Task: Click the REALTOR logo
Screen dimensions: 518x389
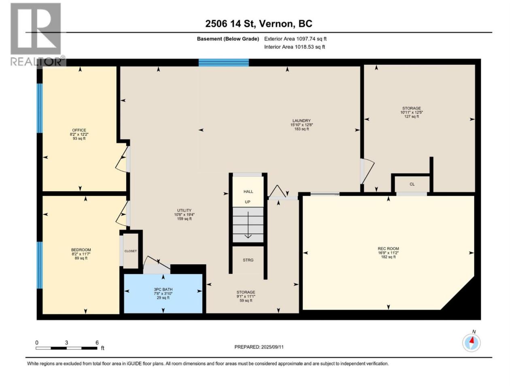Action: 37,34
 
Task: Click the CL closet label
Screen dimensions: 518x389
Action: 412,184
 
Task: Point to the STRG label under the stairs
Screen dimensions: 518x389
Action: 248,260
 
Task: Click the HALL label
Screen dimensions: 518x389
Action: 248,192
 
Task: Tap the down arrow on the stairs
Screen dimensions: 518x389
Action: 248,225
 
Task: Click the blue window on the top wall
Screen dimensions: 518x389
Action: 223,62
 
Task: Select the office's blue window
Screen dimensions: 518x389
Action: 40,108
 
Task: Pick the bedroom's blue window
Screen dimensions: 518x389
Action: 40,265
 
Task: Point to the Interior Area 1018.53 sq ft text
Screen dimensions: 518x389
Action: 295,47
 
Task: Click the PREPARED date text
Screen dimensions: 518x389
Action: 259,347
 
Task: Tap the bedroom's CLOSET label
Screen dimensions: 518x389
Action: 130,251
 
